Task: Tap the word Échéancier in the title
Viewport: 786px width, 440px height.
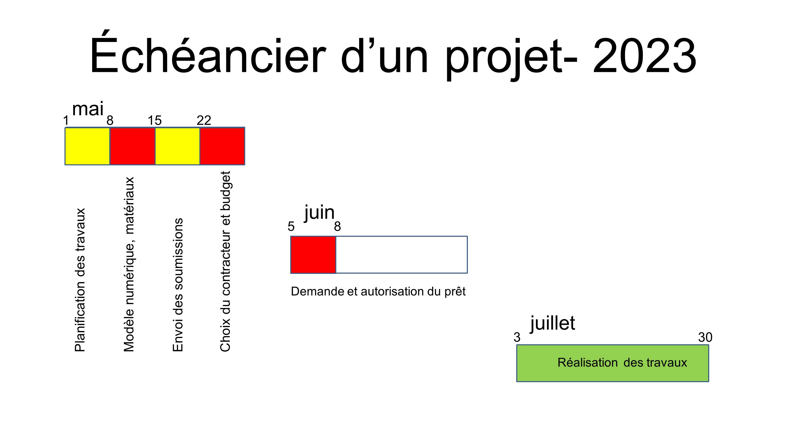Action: coord(208,52)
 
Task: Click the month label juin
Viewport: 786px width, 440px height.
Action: coord(319,213)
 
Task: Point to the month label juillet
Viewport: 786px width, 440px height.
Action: coord(553,324)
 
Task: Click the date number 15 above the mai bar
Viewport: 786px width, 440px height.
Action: coord(155,121)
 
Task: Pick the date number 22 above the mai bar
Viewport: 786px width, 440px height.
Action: coord(204,121)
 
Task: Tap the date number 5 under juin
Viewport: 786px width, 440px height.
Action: coord(291,227)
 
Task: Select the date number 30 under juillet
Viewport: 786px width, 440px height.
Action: coord(705,337)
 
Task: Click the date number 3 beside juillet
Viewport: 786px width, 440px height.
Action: coord(517,337)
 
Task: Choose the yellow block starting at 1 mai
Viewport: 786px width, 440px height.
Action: coord(87,146)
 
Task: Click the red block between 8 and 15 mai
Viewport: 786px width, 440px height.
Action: coord(132,146)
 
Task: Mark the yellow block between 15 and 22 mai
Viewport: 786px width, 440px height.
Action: coord(178,146)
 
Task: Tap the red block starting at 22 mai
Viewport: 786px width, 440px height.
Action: coord(222,146)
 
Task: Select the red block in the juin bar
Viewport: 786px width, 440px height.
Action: coord(313,255)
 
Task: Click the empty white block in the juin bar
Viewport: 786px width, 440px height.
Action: coord(402,255)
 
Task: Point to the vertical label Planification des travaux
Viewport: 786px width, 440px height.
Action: coord(80,280)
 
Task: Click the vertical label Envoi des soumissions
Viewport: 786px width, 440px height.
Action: coord(178,285)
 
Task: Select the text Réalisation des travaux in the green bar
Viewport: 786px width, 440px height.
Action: coord(622,362)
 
